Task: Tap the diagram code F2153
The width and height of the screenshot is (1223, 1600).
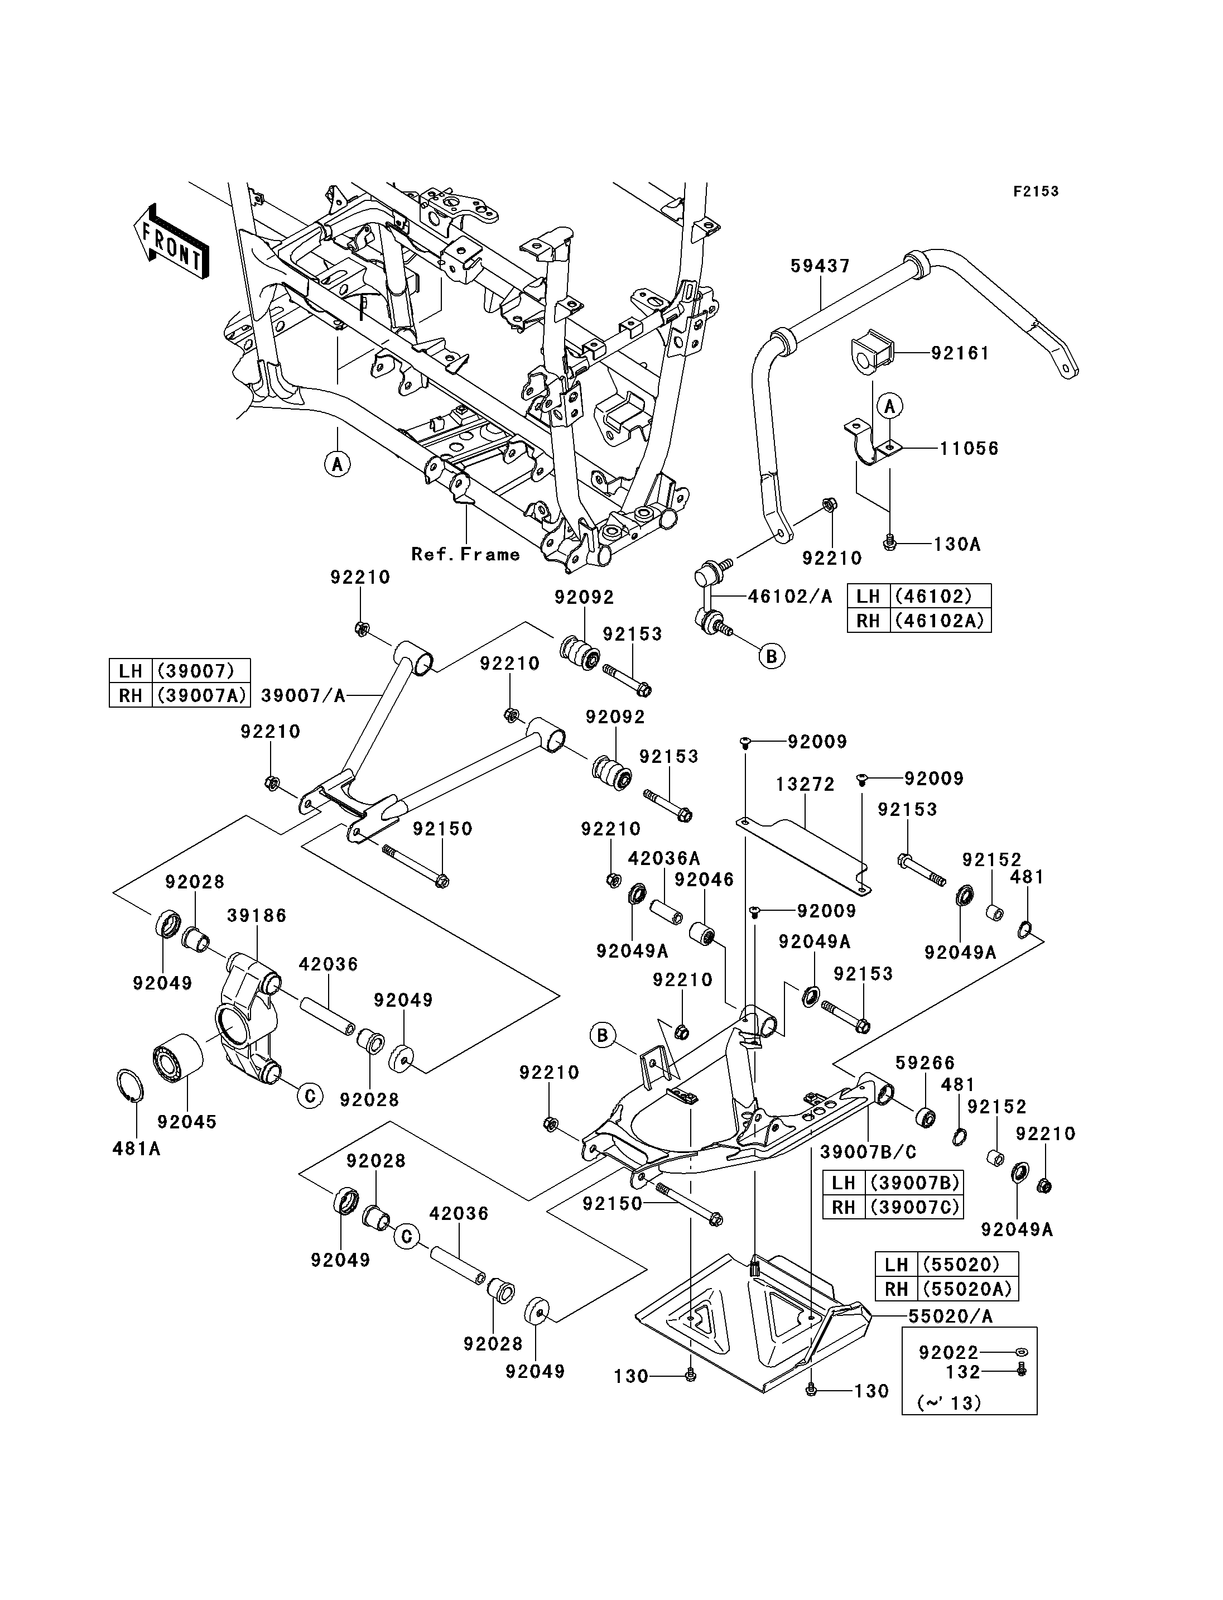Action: click(1036, 191)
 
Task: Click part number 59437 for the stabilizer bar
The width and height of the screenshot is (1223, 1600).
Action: click(820, 266)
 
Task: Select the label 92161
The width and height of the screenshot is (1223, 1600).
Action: click(960, 353)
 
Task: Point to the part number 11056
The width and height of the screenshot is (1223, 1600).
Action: click(969, 448)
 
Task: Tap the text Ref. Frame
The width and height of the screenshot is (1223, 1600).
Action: click(466, 554)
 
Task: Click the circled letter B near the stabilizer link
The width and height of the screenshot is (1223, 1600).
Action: click(772, 656)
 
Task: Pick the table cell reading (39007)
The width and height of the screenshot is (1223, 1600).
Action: click(200, 671)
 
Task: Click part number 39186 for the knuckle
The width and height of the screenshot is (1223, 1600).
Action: click(256, 915)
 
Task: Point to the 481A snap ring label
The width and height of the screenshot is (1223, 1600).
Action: click(136, 1149)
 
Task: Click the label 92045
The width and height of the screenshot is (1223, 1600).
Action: click(187, 1122)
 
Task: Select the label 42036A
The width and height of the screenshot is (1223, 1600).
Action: click(664, 859)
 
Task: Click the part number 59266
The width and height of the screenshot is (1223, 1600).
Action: click(925, 1063)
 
